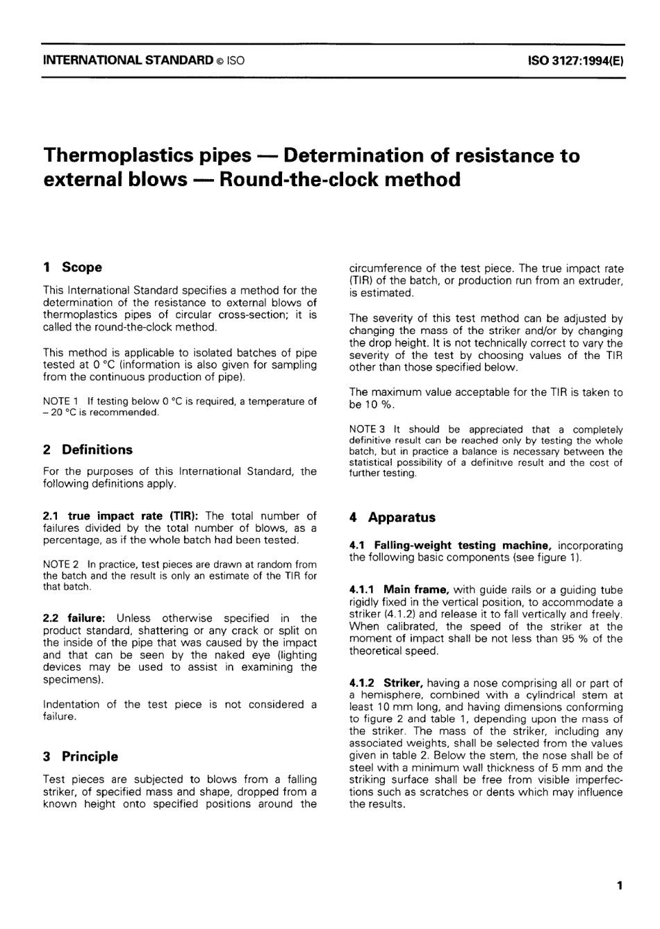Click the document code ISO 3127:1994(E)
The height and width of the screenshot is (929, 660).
coord(575,60)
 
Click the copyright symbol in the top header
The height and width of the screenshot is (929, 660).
coord(220,61)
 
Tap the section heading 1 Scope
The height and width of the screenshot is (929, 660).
coord(72,267)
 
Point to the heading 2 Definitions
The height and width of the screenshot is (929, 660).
coord(88,449)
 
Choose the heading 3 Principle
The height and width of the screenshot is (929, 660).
coord(81,756)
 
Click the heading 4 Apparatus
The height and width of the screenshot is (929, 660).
coord(393,517)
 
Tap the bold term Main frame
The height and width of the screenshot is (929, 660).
coord(415,589)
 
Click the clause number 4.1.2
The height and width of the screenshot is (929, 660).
coord(363,683)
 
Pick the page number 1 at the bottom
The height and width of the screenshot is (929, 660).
coord(618,885)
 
